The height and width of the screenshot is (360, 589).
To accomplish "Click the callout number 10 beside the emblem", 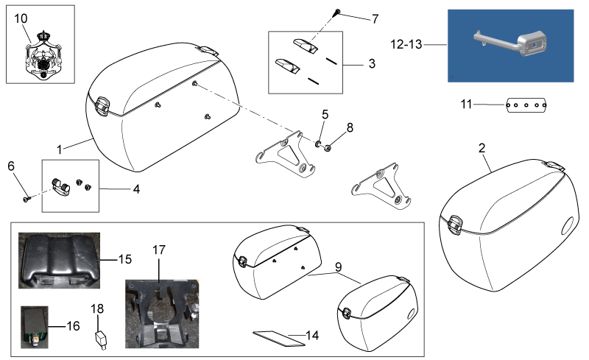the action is (21, 18).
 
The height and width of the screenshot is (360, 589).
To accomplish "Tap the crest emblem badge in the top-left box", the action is (43, 54).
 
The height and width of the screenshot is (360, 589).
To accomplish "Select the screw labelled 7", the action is (337, 13).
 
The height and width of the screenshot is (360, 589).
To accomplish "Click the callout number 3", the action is (372, 63).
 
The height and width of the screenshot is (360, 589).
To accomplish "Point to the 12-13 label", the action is (406, 44).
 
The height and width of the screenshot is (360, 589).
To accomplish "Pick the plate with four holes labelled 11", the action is (526, 105).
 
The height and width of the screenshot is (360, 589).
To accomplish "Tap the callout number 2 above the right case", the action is (482, 148).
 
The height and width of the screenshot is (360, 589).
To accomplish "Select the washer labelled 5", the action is (318, 144).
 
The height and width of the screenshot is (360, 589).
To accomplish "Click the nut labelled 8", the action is (327, 148).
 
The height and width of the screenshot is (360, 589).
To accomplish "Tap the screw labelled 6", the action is (27, 199).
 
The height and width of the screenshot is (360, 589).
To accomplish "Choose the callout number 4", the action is (136, 189).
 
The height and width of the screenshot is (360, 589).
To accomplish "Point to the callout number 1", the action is (60, 150).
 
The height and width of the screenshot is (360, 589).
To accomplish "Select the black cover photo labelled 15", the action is (60, 261).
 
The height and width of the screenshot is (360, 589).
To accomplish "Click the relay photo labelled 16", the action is (35, 327).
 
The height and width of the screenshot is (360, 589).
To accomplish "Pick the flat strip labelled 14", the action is (279, 338).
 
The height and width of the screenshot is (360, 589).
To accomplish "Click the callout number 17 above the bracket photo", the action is (159, 250).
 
